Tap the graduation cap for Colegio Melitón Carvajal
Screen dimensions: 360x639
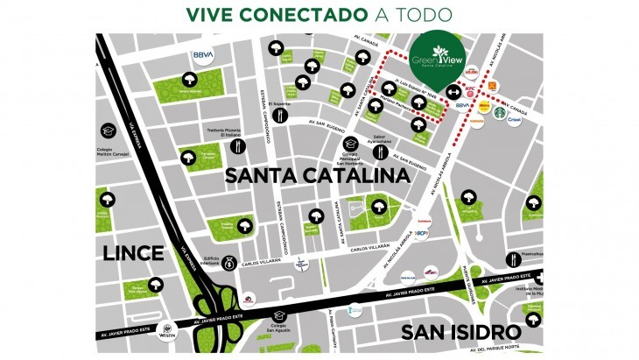tap(109, 130)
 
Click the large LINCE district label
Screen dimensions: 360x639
tap(133, 253)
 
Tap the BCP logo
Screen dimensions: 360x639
tap(420, 234)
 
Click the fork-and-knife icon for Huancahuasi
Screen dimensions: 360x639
tap(511, 256)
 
